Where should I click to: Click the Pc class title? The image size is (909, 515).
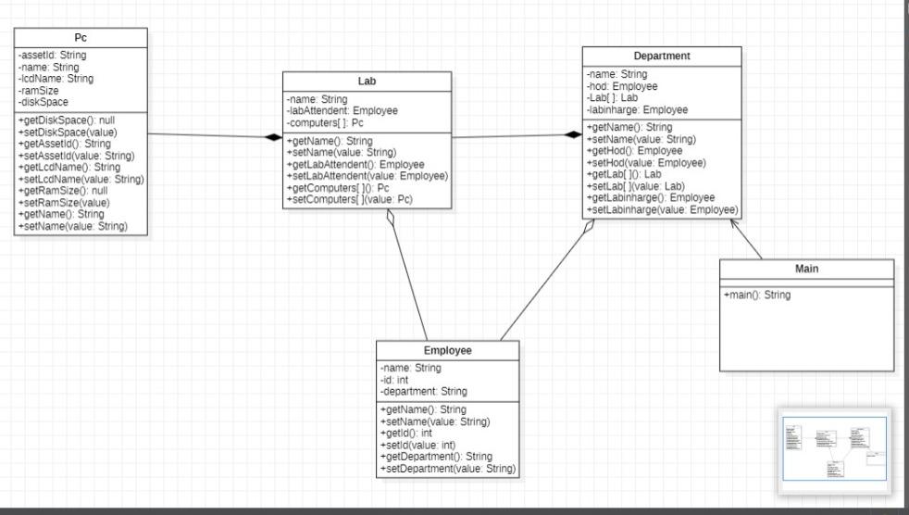[81, 38]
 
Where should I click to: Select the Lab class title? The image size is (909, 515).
[367, 82]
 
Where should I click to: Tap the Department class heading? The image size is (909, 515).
[662, 57]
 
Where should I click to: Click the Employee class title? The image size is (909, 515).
[448, 351]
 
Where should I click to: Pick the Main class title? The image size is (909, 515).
[806, 269]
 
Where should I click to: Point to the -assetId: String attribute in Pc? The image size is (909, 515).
[52, 56]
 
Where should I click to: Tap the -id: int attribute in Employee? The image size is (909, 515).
[394, 380]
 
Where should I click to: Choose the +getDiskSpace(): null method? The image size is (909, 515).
[66, 120]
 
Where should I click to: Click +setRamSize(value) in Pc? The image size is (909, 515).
[64, 202]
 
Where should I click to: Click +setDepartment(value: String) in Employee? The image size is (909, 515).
[447, 470]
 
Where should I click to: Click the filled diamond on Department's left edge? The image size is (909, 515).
[574, 136]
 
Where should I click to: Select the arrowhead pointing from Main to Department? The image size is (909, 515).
[736, 226]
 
